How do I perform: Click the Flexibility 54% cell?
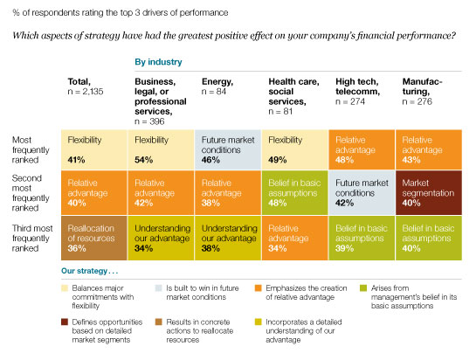point(162,149)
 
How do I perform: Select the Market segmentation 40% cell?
point(428,191)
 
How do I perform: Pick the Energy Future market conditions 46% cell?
point(229,149)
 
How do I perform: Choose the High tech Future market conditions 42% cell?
point(362,191)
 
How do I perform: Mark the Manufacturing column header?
point(424,87)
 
